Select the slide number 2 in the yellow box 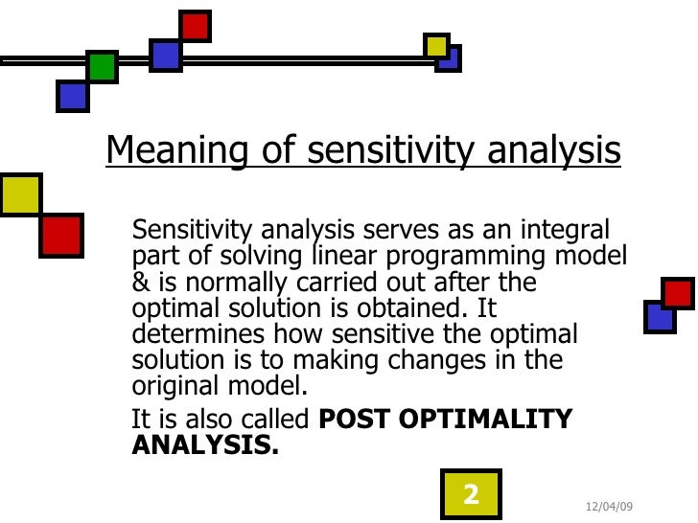click(471, 495)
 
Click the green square click(102, 67)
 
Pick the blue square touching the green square click(73, 96)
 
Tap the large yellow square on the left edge click(19, 194)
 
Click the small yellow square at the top click(436, 45)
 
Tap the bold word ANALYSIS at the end click(204, 445)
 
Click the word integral click(567, 231)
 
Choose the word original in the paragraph click(170, 386)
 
